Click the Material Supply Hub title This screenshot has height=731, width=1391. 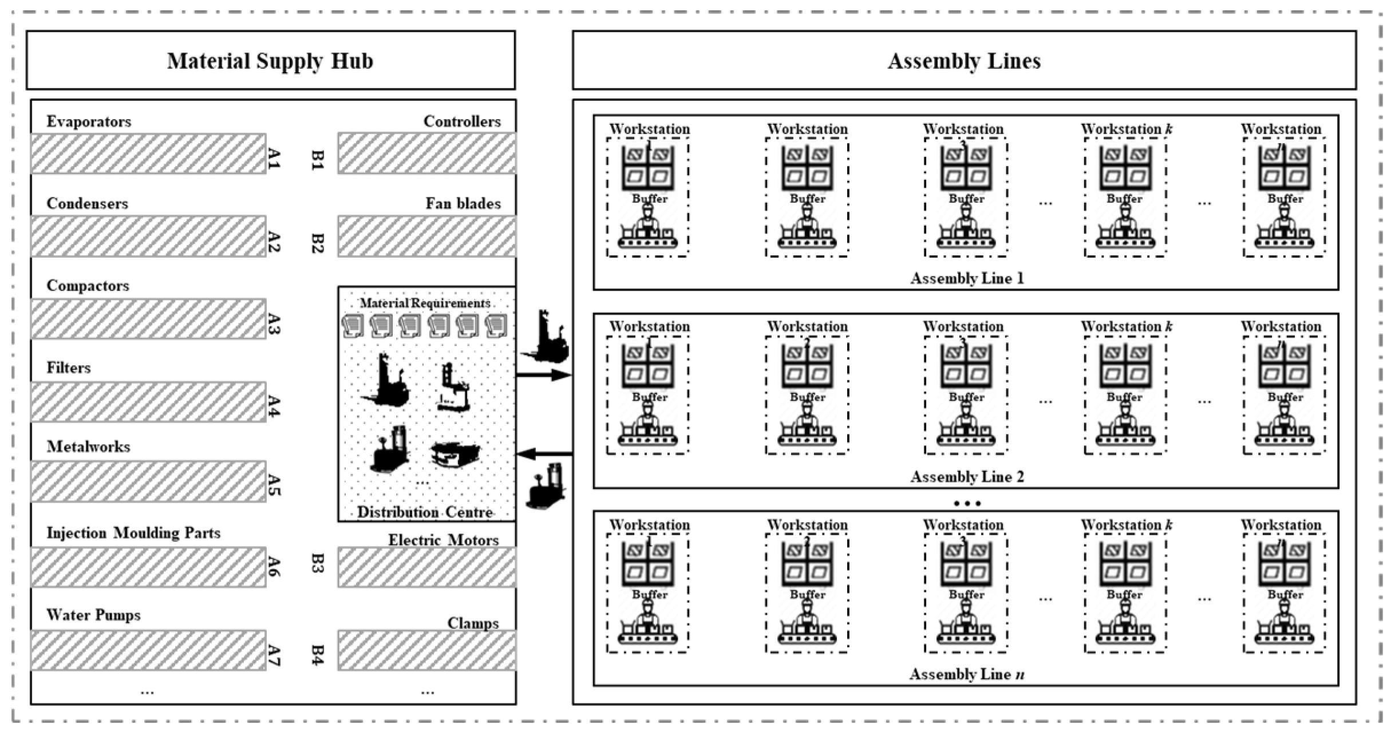pos(270,61)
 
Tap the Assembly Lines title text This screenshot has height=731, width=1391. pos(963,61)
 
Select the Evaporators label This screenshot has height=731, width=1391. pos(89,121)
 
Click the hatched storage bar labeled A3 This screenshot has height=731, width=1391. pos(148,319)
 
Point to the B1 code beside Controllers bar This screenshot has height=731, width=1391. pos(318,160)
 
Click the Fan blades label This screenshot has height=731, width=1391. pos(463,203)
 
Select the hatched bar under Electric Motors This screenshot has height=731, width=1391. pos(426,567)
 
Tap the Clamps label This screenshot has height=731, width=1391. pos(473,623)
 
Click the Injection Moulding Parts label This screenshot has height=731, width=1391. pos(133,533)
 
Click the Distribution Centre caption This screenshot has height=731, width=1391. pos(425,512)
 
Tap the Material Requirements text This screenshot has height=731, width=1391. pos(425,303)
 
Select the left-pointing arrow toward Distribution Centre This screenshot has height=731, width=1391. pos(544,454)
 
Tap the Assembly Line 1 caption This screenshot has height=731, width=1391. pos(966,278)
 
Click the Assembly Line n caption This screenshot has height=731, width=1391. pos(966,674)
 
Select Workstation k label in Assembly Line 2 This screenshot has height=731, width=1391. pos(1126,326)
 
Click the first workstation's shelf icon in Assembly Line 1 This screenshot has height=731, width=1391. pos(647,168)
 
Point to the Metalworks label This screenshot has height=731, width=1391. pos(88,446)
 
